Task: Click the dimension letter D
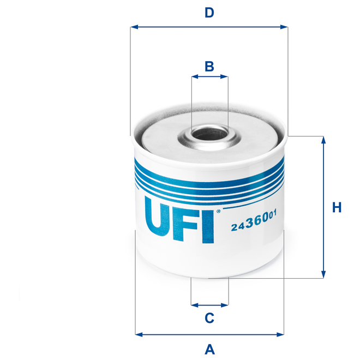click(209, 13)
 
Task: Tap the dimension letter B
click(209, 67)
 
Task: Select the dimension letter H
click(337, 208)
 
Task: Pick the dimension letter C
click(209, 317)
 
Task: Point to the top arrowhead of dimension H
click(323, 140)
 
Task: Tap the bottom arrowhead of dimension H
click(323, 274)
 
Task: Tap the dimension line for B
click(209, 77)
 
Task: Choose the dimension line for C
click(209, 304)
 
